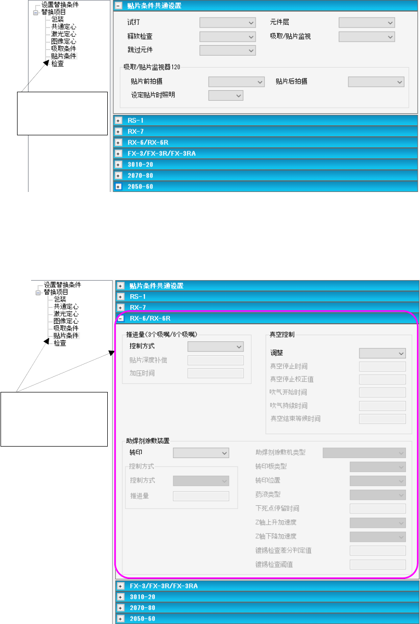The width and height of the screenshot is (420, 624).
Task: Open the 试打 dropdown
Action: (x=228, y=23)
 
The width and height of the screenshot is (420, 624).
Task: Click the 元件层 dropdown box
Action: (x=367, y=23)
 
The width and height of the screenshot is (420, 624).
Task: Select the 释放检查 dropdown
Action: (x=228, y=37)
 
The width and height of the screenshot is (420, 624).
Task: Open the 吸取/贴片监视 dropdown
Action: (x=367, y=37)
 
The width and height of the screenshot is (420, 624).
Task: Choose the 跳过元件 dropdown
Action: (x=228, y=50)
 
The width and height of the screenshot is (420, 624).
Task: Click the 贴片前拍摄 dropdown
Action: (x=236, y=82)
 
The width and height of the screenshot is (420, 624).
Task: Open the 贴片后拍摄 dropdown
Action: (x=376, y=82)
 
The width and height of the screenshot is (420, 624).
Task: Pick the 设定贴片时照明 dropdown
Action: (x=226, y=95)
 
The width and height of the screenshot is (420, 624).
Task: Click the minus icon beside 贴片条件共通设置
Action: (x=118, y=6)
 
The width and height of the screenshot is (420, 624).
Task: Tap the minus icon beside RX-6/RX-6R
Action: (x=120, y=318)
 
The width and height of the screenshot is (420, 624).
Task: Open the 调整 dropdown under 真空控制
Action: (x=382, y=353)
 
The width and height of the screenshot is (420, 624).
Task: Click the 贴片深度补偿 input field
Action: (x=216, y=360)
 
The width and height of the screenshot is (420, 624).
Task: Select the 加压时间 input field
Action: (x=216, y=373)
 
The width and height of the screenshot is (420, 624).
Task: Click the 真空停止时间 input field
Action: (x=382, y=366)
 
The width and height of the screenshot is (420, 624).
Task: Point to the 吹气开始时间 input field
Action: (x=382, y=392)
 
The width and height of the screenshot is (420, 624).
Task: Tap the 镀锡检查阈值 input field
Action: (x=378, y=565)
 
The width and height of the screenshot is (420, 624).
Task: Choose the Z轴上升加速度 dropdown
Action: (x=378, y=523)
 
